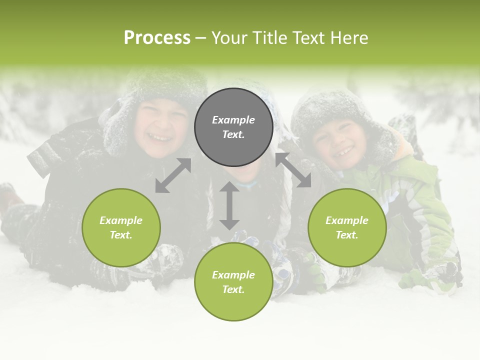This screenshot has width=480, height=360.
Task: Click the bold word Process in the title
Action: (157, 38)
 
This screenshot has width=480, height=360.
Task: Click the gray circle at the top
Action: (233, 127)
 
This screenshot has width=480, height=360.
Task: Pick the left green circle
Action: (121, 227)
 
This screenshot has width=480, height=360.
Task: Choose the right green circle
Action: (347, 227)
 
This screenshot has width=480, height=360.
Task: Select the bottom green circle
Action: (233, 282)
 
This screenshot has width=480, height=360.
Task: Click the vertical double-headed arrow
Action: (229, 205)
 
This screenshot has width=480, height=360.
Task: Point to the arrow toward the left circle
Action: (173, 175)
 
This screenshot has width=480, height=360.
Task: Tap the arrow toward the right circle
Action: (293, 170)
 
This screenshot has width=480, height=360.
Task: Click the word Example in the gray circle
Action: (233, 120)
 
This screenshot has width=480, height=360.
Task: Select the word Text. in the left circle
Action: (121, 235)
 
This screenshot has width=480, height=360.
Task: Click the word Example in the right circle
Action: (347, 220)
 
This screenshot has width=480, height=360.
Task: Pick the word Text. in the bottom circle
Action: (233, 289)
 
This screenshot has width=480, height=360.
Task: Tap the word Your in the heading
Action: (228, 38)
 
